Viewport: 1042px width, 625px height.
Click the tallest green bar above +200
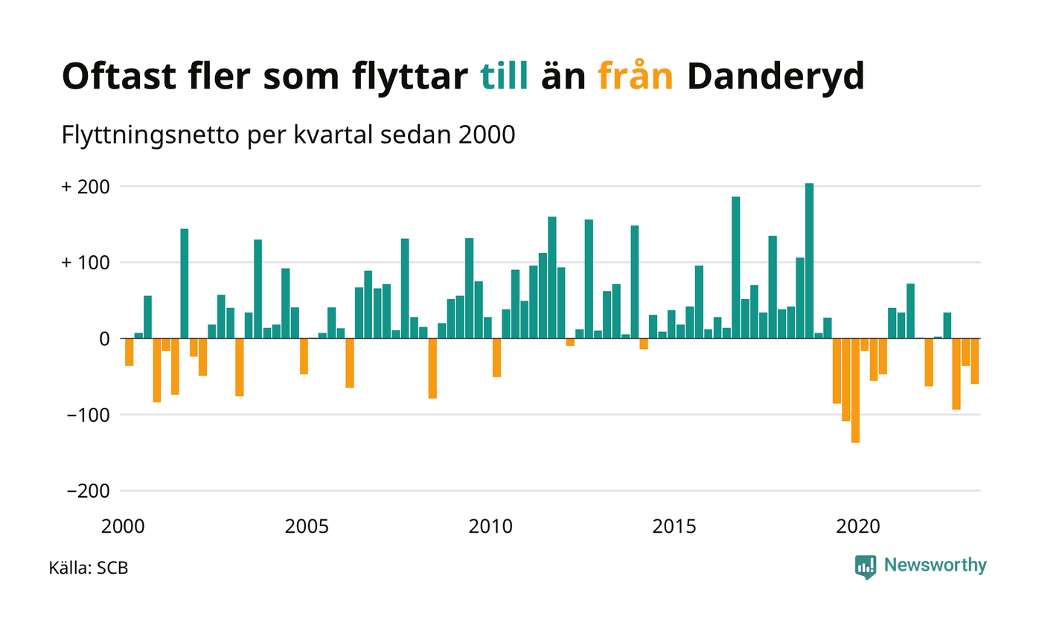point(809,260)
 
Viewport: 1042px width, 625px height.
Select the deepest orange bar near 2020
point(855,391)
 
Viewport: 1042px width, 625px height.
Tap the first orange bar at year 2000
point(129,352)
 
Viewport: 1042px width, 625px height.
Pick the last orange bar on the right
point(974,361)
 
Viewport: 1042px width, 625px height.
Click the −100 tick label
point(89,414)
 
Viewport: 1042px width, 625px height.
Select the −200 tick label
point(89,491)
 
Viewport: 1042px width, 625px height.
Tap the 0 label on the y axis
point(105,339)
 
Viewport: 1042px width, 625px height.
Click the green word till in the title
point(505,77)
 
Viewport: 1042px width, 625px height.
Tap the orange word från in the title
point(636,77)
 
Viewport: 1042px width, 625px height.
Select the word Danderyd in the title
point(775,77)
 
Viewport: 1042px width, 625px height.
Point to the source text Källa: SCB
point(89,568)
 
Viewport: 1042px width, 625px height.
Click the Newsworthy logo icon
point(866,567)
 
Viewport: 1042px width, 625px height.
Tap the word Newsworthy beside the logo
point(935,565)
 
